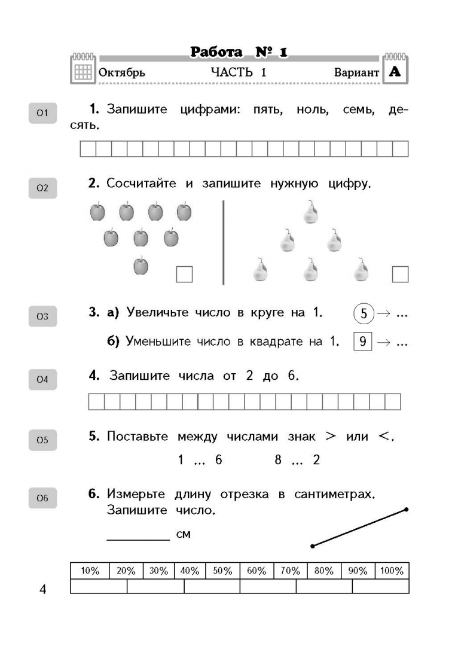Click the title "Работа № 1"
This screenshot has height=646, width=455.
point(239,53)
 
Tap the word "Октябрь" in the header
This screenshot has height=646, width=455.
point(121,72)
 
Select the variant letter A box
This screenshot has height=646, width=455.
point(395,72)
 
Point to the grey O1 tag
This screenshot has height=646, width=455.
point(42,113)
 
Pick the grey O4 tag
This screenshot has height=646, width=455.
point(42,379)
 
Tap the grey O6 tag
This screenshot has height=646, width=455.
point(42,498)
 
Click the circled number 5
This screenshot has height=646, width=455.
point(363,313)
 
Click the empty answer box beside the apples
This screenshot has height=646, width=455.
point(184,274)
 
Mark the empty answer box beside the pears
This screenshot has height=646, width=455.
point(400,274)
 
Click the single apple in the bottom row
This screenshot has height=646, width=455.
point(141,266)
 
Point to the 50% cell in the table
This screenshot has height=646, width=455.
point(222,571)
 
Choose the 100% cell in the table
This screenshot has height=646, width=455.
point(392,571)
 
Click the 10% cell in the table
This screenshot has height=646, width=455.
point(90,571)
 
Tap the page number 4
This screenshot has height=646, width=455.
point(42,590)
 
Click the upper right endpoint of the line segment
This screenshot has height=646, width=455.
point(406,510)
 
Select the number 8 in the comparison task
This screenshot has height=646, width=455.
point(278,460)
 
